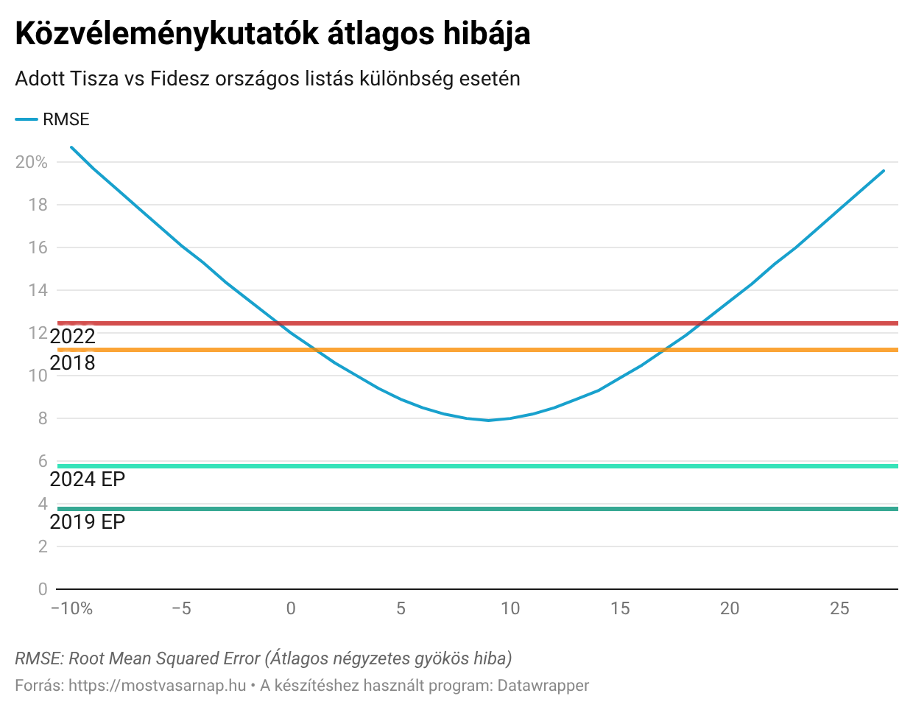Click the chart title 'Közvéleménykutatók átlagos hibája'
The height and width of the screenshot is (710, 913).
coord(272,35)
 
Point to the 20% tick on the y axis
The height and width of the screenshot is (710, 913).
coord(32,162)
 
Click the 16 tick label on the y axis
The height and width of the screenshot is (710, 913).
coord(38,247)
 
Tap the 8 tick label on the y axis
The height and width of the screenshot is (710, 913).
coord(43,418)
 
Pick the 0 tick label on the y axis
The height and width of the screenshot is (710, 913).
coord(43,589)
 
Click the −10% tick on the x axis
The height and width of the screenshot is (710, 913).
coord(71,608)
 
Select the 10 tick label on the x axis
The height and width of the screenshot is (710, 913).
coord(510,608)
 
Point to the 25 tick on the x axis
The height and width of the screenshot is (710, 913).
coord(839,608)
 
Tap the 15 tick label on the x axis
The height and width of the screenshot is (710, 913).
coord(620,608)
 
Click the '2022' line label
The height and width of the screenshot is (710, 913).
coord(73,337)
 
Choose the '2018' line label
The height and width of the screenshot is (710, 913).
coord(73,363)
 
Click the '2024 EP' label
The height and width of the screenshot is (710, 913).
coord(88,479)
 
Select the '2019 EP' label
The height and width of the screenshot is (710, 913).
coord(88,522)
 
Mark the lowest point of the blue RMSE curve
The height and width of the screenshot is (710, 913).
coord(488,420)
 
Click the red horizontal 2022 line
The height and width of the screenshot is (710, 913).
coord(515,323)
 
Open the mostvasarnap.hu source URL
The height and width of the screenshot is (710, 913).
coord(158,686)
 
